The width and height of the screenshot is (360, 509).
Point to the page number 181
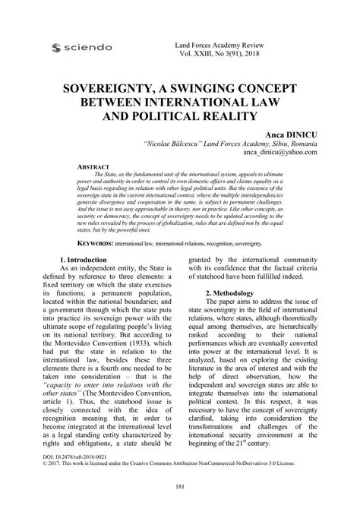click(179, 486)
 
